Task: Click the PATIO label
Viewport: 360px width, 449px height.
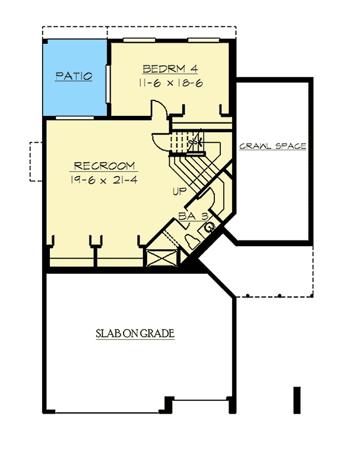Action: (74, 76)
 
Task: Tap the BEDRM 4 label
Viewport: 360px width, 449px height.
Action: (170, 68)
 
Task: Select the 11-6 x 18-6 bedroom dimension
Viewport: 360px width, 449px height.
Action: (170, 83)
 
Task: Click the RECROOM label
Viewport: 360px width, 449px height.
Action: (104, 166)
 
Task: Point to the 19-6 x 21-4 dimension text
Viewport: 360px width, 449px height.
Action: (104, 180)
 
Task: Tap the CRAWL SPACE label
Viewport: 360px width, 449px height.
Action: (273, 146)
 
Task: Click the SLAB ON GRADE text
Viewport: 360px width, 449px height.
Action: (135, 334)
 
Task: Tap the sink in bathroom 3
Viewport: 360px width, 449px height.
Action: (211, 228)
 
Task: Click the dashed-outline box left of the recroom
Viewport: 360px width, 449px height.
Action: (35, 161)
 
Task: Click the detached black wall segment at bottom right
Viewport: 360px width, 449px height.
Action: (295, 399)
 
